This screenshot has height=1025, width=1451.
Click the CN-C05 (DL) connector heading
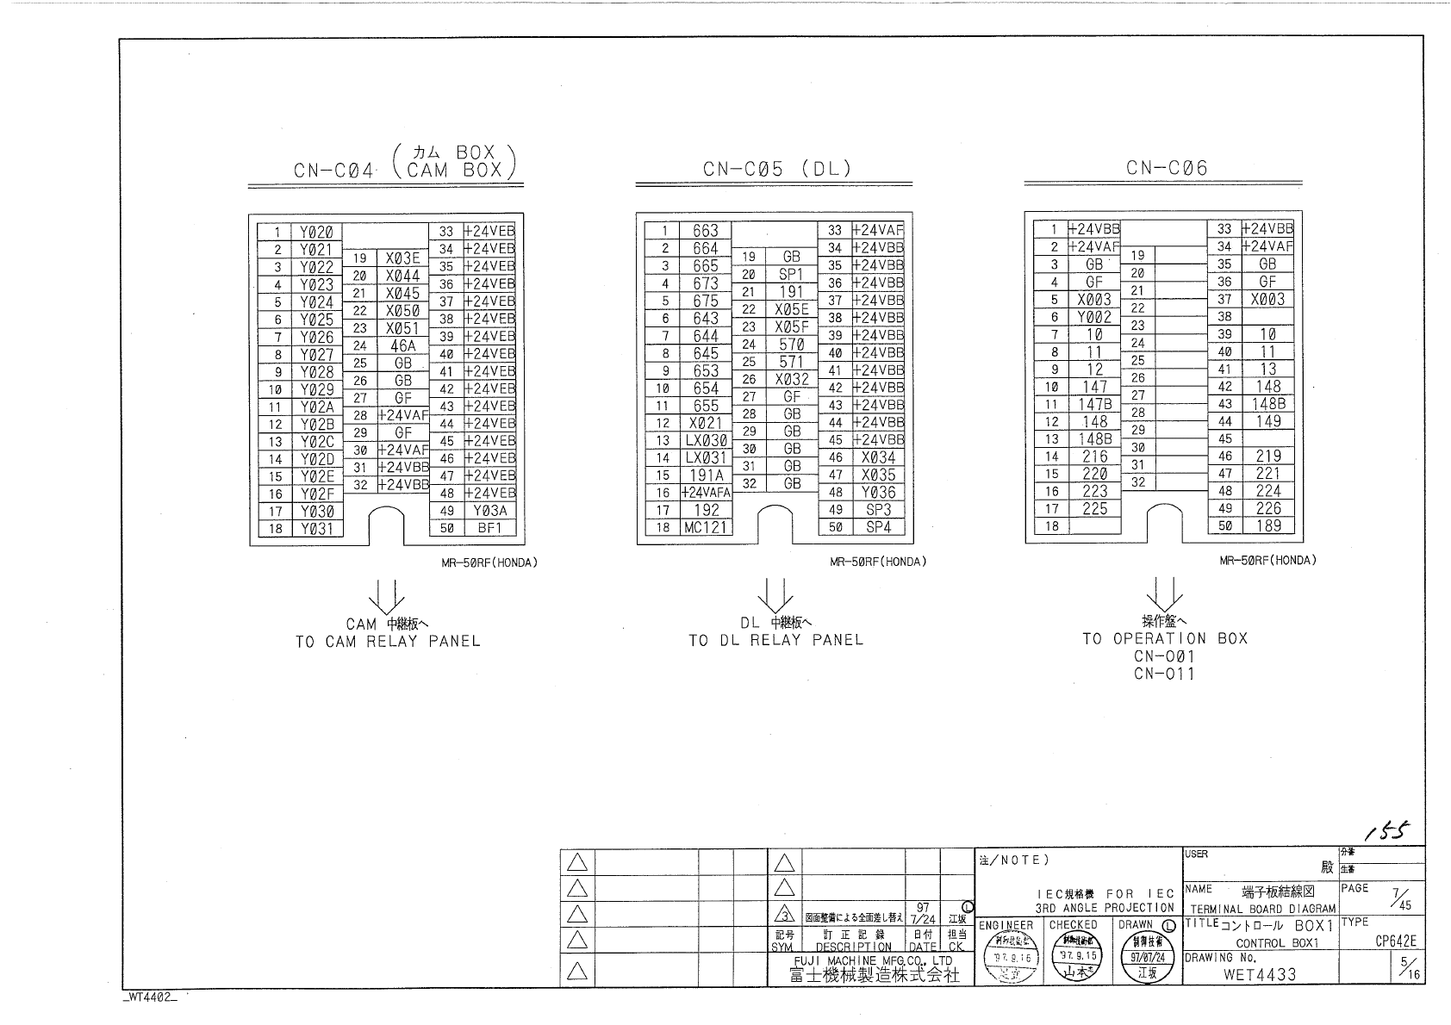point(776,169)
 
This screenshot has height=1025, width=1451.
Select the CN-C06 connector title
point(1167,168)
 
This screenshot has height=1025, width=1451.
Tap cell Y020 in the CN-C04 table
point(317,233)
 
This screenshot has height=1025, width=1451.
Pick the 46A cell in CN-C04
point(402,345)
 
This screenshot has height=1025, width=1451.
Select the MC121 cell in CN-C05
point(706,527)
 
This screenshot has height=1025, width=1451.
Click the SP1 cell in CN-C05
point(791,275)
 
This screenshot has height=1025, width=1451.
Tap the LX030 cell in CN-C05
point(706,440)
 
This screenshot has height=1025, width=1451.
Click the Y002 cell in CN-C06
point(1094,317)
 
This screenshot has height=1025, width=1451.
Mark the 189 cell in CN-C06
point(1267,525)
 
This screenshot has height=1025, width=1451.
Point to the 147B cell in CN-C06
point(1094,404)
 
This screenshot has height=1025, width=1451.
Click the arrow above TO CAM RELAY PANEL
point(386,595)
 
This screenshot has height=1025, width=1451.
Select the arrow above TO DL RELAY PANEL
point(775,594)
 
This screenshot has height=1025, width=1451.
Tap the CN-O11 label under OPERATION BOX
point(1165,674)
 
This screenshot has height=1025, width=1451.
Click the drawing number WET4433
point(1259,974)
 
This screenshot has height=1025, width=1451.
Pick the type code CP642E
point(1395,941)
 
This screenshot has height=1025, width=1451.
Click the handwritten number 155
point(1386,830)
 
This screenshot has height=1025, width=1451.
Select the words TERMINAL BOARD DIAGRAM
point(1262,909)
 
